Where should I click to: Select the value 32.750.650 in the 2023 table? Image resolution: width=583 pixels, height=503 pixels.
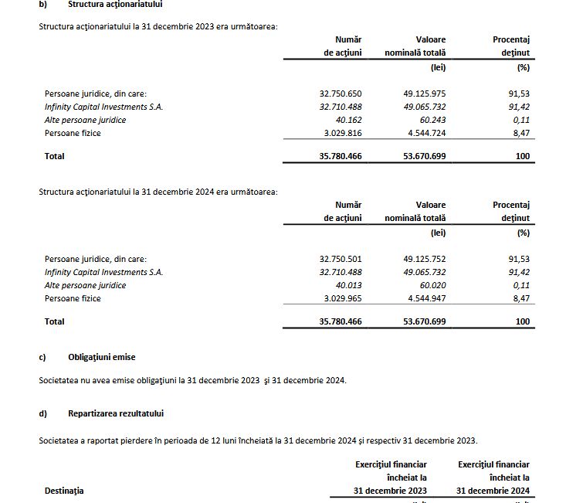pyautogui.click(x=340, y=93)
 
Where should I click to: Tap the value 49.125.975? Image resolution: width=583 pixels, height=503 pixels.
pyautogui.click(x=424, y=93)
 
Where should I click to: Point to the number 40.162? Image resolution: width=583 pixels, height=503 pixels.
pyautogui.click(x=346, y=120)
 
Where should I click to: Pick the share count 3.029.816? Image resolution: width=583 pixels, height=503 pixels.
pyautogui.click(x=342, y=133)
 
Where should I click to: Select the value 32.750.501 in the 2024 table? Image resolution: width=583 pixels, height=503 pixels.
pyautogui.click(x=340, y=259)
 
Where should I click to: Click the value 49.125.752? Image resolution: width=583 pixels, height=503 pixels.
pyautogui.click(x=424, y=259)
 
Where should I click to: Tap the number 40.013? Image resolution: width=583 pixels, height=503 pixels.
pyautogui.click(x=346, y=285)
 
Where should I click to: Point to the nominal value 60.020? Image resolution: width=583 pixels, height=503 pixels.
pyautogui.click(x=430, y=285)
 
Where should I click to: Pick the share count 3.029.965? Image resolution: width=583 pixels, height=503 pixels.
pyautogui.click(x=342, y=298)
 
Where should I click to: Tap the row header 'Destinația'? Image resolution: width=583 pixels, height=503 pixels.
pyautogui.click(x=64, y=491)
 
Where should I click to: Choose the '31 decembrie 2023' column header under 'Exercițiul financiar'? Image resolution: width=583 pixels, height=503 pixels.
pyautogui.click(x=390, y=491)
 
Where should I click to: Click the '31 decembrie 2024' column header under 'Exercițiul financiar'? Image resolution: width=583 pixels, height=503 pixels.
pyautogui.click(x=493, y=491)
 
